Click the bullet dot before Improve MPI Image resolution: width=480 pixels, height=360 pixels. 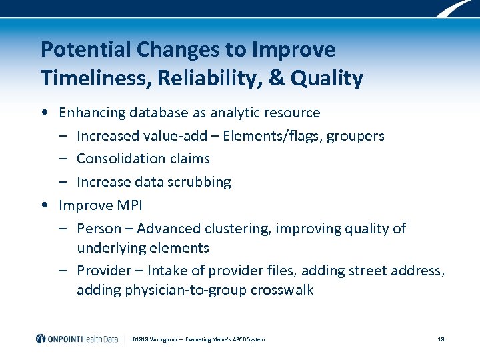click(x=44, y=205)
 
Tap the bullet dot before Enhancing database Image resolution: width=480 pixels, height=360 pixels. click(x=44, y=113)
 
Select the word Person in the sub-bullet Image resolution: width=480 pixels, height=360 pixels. click(x=97, y=229)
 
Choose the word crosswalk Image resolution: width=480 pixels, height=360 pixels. click(x=283, y=290)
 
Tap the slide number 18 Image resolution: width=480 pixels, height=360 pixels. click(x=441, y=339)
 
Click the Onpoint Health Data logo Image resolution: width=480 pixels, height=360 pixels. click(x=77, y=339)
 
